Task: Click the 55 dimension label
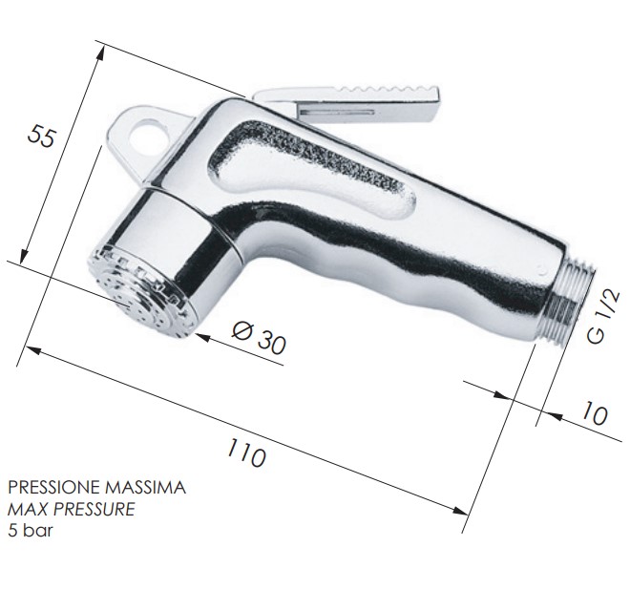point(41,136)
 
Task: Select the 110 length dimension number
point(246,452)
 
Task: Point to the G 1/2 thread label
point(602,317)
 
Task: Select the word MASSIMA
point(145,488)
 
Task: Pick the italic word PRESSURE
point(94,510)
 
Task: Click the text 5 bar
point(31,531)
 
